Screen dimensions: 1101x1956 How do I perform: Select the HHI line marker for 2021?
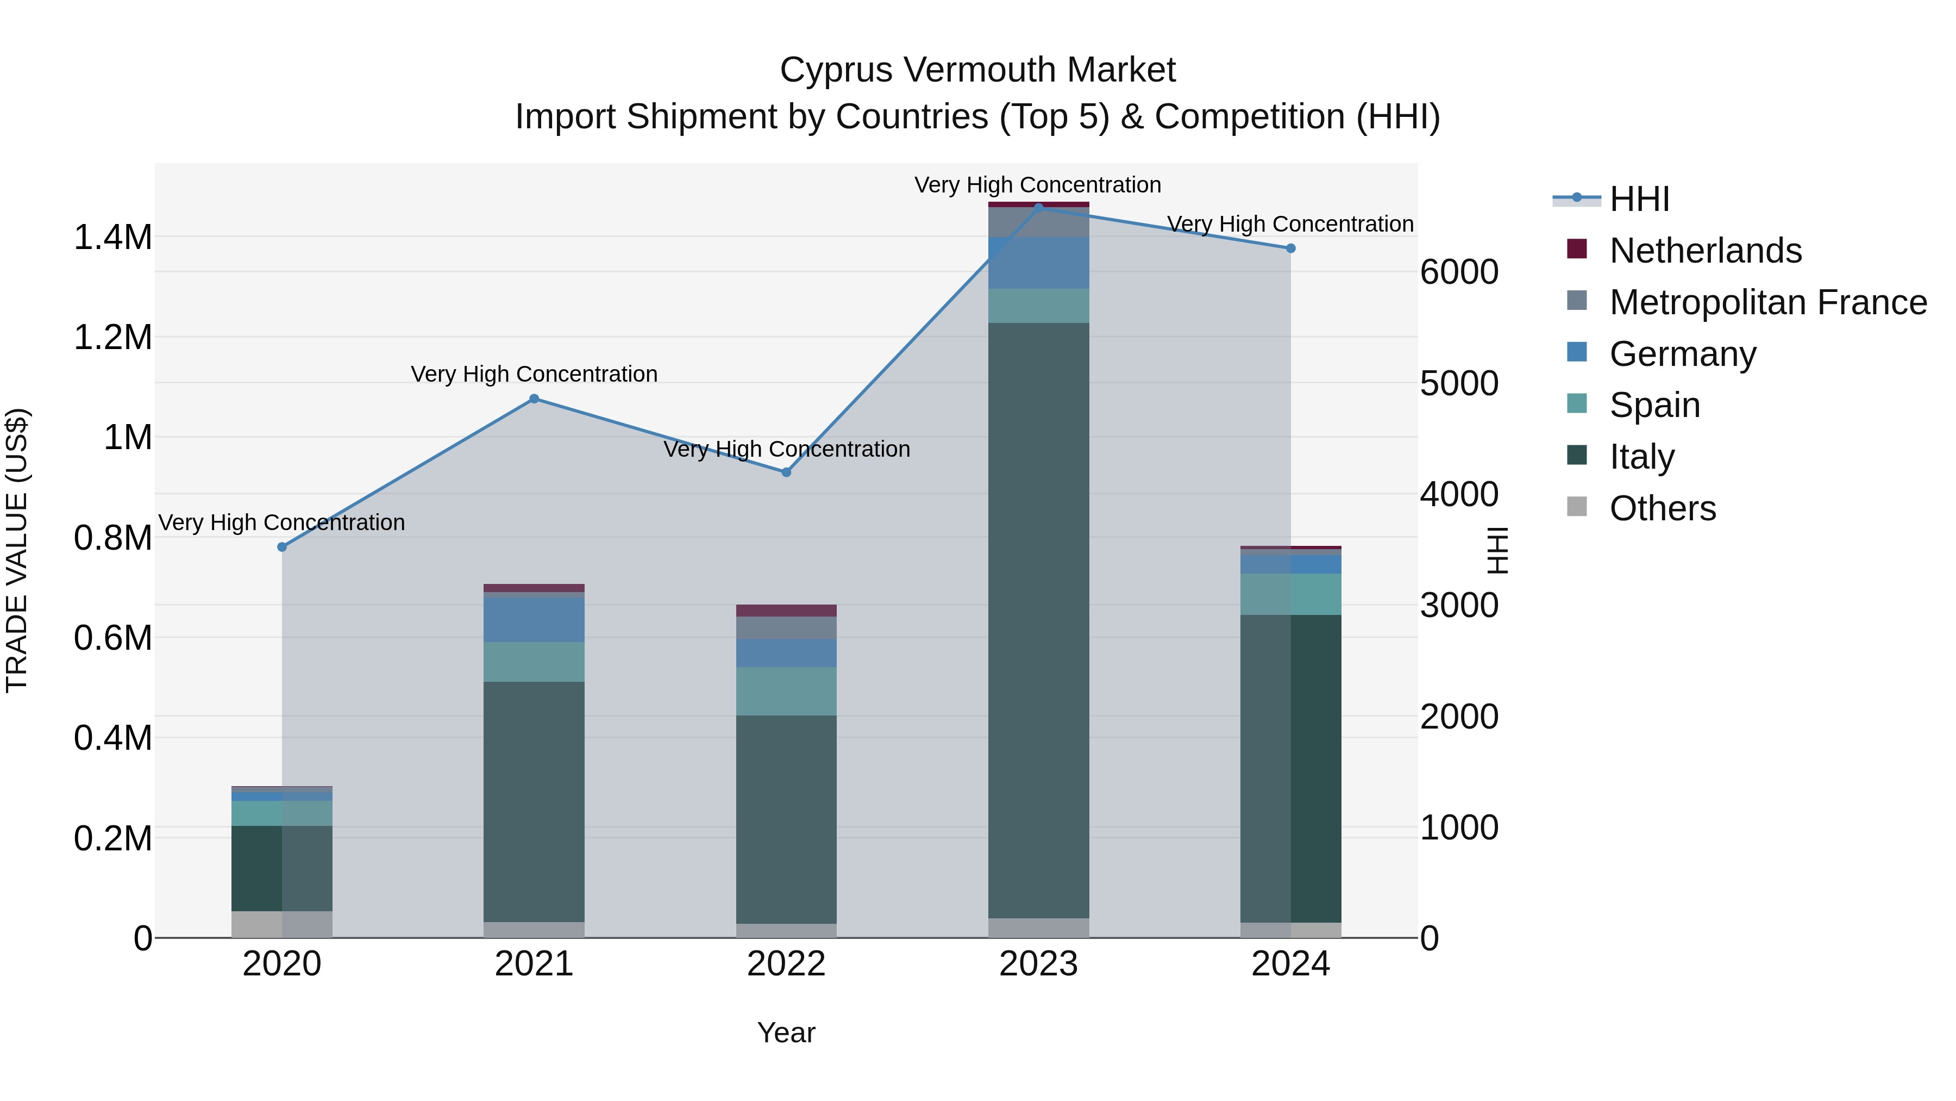coord(534,399)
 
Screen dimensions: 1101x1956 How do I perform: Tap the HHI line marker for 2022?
coord(787,472)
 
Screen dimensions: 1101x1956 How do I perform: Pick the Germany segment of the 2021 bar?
coord(534,620)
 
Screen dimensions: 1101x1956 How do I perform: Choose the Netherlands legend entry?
coord(1704,251)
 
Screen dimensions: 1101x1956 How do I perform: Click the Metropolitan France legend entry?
coord(1767,302)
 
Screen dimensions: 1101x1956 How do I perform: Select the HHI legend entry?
coord(1639,199)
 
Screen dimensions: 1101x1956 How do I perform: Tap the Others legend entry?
coord(1662,508)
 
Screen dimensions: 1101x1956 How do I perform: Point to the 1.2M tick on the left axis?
coord(112,337)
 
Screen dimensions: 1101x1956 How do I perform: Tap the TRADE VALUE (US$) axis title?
coord(17,550)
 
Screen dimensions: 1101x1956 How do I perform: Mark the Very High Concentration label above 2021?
coord(534,374)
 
